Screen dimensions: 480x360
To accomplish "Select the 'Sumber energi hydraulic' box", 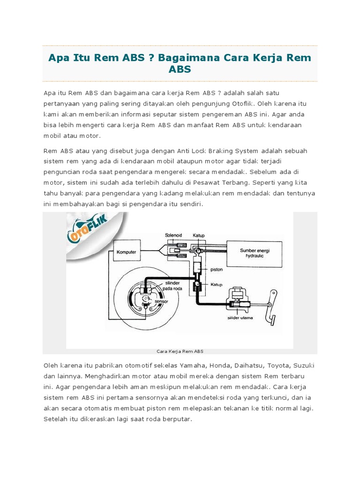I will (x=255, y=253).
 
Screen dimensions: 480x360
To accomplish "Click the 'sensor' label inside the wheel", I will (x=161, y=303).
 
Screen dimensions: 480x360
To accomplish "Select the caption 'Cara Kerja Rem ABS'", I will (x=180, y=351).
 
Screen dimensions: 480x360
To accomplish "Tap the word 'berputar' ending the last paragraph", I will (x=177, y=419).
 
